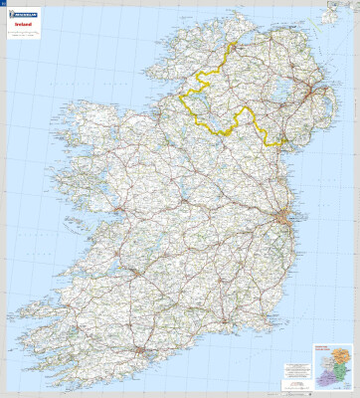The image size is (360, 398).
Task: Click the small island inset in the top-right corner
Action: pyautogui.click(x=337, y=13)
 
